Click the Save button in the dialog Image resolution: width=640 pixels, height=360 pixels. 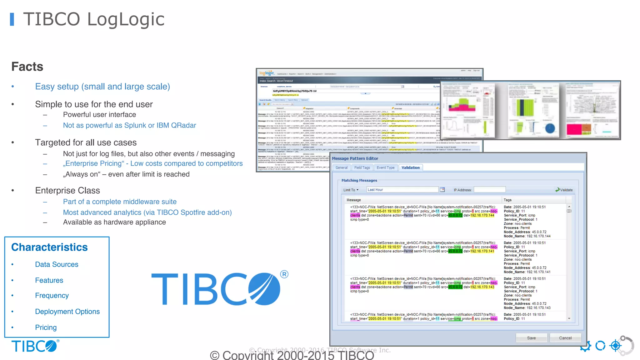(531, 338)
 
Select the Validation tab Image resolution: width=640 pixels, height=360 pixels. (410, 167)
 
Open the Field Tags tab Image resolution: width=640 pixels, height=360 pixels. (362, 167)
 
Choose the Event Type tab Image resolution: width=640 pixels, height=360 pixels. (385, 167)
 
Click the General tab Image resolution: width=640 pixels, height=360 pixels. (341, 167)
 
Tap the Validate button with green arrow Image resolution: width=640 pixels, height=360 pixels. (564, 190)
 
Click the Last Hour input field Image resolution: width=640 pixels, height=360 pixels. (402, 190)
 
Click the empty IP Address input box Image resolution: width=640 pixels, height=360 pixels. (489, 190)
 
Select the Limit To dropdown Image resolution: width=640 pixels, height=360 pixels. (351, 190)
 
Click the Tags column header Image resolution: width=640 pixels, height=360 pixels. (507, 200)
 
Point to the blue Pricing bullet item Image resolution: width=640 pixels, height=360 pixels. (46, 327)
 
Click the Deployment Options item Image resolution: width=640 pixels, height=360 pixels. (67, 311)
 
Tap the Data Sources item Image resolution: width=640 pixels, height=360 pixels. (57, 264)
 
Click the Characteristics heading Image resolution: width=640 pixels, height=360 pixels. (49, 247)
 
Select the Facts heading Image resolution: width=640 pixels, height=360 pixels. (27, 67)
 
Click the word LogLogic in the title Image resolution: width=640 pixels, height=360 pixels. (126, 19)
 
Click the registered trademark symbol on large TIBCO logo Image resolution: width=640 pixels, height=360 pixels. (284, 274)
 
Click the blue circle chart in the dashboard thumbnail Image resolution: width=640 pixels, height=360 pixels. (550, 128)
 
